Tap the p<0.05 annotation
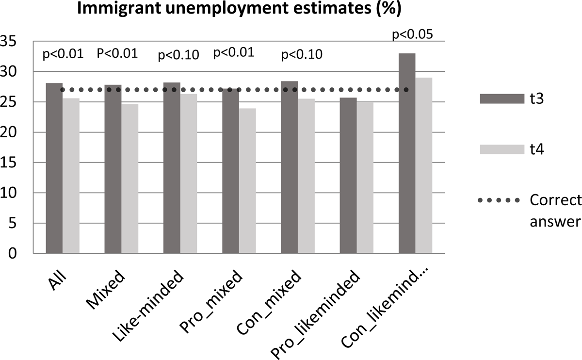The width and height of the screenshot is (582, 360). click(412, 35)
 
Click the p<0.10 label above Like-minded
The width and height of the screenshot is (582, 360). click(179, 55)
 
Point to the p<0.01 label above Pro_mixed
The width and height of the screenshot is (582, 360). click(234, 52)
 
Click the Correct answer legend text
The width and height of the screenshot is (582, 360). click(555, 211)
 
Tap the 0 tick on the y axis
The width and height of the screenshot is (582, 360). click(15, 254)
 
